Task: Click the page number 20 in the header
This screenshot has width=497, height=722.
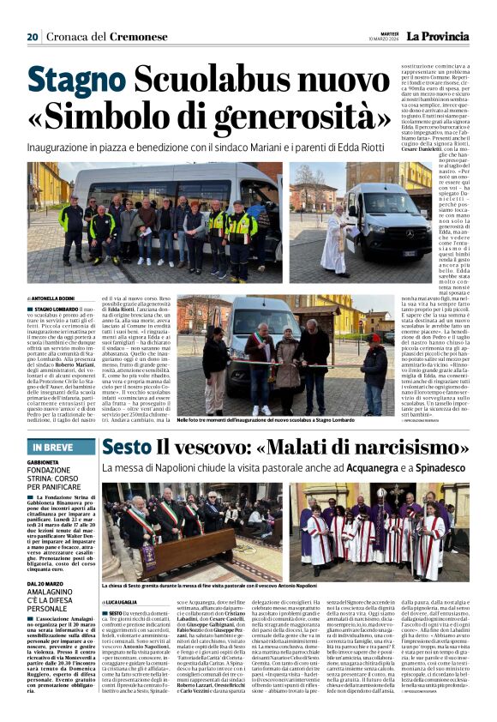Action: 33,37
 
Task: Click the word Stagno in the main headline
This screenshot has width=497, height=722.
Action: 80,83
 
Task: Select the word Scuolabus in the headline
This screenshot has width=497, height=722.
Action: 201,83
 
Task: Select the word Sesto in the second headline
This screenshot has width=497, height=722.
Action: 128,447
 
